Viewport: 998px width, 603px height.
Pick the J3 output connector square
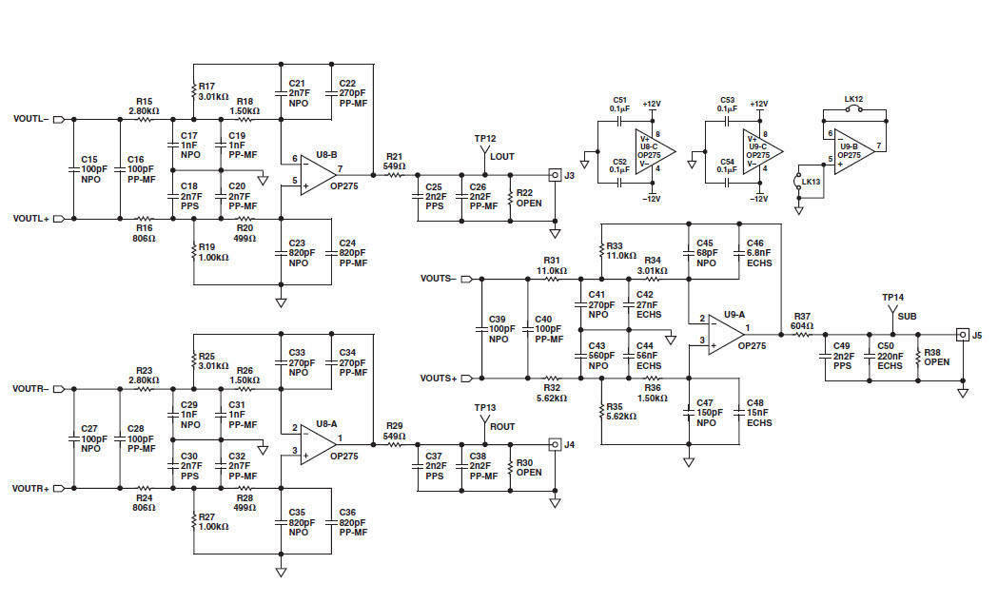(554, 174)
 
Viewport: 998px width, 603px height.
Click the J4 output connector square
(554, 443)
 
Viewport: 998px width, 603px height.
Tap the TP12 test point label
(485, 139)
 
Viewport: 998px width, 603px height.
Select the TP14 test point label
(892, 297)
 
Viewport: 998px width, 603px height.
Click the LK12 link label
(852, 99)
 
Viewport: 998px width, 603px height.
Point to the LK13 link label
(811, 181)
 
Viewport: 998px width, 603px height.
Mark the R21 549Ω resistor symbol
(393, 174)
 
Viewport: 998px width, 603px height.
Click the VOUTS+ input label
(439, 379)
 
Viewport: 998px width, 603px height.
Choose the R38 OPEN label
(937, 356)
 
